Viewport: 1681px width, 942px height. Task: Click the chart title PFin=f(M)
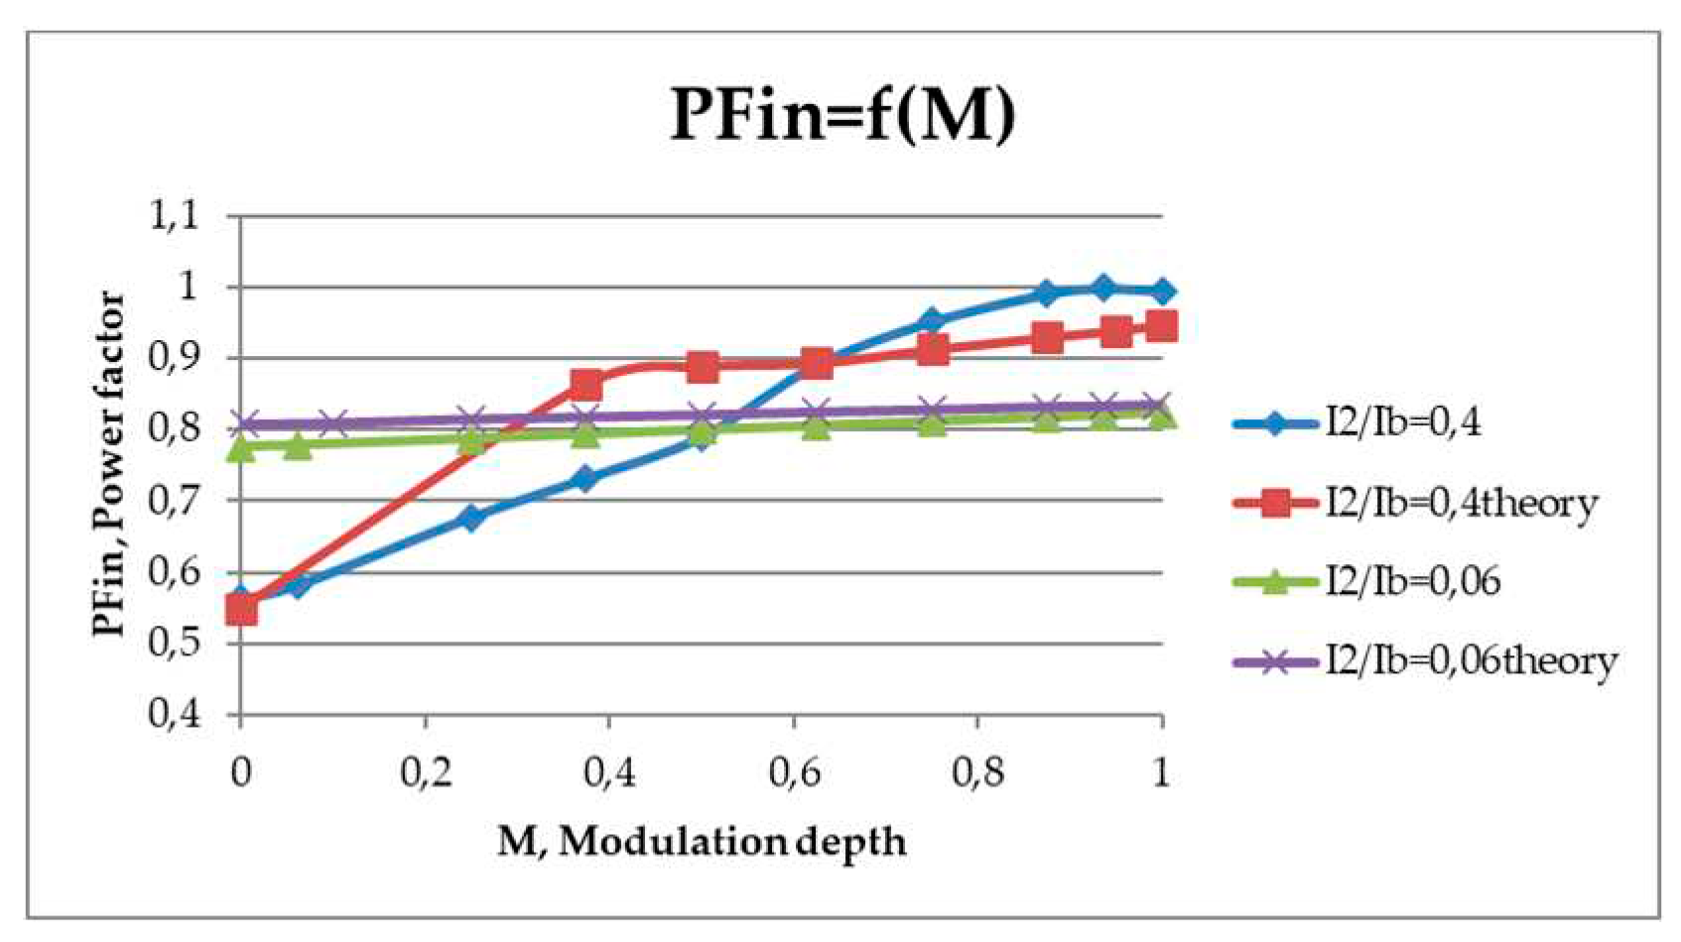[x=842, y=114]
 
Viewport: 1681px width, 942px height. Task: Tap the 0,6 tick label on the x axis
[x=794, y=771]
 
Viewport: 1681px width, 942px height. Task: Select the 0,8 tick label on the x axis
[x=977, y=771]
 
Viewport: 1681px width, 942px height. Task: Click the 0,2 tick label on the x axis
[x=426, y=771]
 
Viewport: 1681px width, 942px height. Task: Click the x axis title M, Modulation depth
[x=702, y=842]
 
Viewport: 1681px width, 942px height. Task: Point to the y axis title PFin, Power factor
[x=108, y=464]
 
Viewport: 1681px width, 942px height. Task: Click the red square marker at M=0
[x=241, y=609]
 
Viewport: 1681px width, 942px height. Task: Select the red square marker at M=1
[x=1161, y=326]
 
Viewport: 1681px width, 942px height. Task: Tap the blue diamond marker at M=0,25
[x=471, y=518]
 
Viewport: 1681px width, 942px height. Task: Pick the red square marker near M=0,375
[x=585, y=385]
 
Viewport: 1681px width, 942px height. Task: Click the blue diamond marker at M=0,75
[x=931, y=320]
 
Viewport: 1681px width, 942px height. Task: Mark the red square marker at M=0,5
[x=703, y=367]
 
